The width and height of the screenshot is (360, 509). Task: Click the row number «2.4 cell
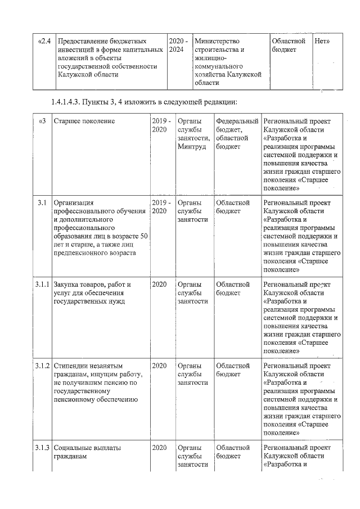(x=44, y=41)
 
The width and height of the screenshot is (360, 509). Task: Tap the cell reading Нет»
(x=321, y=41)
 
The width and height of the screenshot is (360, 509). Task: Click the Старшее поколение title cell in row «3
(x=84, y=121)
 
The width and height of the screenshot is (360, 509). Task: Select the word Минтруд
(x=192, y=146)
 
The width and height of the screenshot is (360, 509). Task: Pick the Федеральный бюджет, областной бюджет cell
(x=237, y=133)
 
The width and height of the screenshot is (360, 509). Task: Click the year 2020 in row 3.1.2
(x=159, y=366)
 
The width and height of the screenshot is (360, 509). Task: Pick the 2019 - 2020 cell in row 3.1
(x=161, y=206)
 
